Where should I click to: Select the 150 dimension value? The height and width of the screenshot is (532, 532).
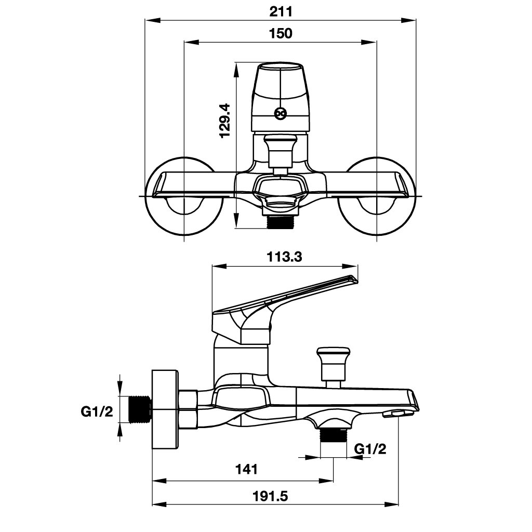[x=281, y=34]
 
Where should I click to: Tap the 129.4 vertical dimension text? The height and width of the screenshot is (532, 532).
[x=225, y=120]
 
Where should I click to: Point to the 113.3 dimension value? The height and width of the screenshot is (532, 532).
[x=285, y=257]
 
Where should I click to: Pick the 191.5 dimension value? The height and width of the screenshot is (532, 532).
[x=270, y=496]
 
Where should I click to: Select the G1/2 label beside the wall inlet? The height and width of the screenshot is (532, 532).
[x=97, y=412]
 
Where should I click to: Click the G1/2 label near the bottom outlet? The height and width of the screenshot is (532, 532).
[x=370, y=449]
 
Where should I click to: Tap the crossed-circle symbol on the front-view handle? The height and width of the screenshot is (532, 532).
[x=281, y=113]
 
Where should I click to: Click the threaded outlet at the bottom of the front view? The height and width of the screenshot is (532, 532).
[x=281, y=222]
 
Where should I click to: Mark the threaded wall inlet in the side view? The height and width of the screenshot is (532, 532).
[x=139, y=409]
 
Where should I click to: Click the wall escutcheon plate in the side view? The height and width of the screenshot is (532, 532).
[x=165, y=409]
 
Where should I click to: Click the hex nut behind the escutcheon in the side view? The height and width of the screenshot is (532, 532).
[x=188, y=409]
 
